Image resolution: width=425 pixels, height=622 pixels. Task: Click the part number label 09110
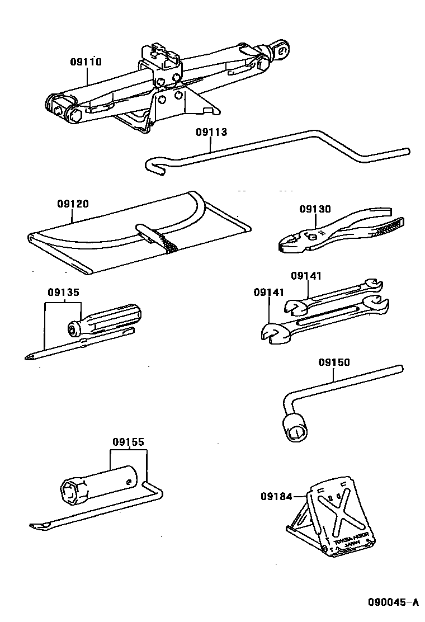tap(86, 62)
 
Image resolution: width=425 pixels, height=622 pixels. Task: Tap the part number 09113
tap(211, 133)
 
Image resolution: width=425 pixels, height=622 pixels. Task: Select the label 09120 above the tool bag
tap(72, 204)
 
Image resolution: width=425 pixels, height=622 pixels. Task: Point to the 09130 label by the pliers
tap(315, 209)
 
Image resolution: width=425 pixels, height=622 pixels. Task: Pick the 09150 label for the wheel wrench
tap(334, 362)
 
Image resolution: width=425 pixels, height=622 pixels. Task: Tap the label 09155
tap(128, 442)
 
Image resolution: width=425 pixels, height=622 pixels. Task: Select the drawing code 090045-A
tap(393, 602)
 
